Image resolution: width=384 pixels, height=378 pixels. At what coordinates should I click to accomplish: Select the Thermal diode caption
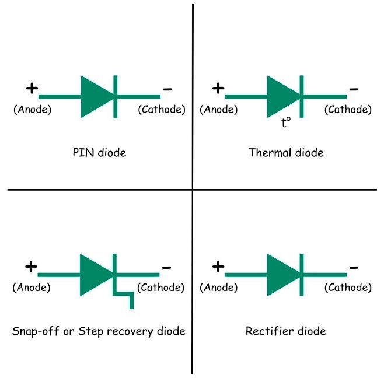pos(285,153)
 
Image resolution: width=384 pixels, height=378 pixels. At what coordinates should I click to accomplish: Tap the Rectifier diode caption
pos(285,331)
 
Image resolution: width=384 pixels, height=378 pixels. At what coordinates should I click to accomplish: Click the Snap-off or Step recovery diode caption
pos(99,331)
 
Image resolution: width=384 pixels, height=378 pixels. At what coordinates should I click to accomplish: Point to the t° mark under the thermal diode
pos(285,123)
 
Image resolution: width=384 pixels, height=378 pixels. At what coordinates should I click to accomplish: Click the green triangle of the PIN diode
pos(96,96)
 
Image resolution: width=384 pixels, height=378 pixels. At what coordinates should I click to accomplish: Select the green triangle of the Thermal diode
pos(282,96)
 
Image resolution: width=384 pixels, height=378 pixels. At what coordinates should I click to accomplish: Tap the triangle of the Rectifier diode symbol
pos(282,274)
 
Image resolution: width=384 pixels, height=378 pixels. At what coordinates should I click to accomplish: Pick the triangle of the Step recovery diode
pos(95,274)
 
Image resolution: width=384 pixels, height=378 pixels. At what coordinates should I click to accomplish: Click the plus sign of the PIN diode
pos(32,89)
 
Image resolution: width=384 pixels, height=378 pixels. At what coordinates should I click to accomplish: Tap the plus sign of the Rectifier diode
pos(218,267)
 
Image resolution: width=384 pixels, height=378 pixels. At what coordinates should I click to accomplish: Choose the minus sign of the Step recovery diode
pos(166,268)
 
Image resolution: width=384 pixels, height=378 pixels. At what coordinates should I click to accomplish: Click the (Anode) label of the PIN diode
pos(32,109)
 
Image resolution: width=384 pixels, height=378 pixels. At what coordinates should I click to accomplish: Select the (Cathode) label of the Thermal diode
pos(348,109)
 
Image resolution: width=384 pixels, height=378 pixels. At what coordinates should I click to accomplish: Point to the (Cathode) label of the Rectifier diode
pos(348,288)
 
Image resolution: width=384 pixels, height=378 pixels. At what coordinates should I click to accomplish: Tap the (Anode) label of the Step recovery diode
pos(32,288)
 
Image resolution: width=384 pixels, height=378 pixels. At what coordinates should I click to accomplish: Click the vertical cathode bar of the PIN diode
pos(116,96)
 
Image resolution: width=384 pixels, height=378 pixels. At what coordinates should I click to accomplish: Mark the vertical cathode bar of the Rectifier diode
pos(302,274)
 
